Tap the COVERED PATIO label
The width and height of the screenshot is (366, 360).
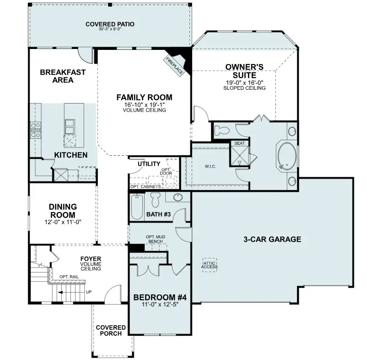click(110, 24)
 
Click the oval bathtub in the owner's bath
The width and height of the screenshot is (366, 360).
click(286, 157)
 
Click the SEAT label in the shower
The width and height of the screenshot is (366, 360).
click(239, 143)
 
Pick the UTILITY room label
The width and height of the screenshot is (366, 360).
click(149, 164)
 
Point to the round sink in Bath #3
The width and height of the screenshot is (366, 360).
click(178, 198)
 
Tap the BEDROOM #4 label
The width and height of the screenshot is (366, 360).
click(160, 297)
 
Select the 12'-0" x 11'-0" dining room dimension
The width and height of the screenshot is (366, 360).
click(63, 222)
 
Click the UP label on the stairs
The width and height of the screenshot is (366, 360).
click(88, 291)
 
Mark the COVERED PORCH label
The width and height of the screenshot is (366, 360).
click(111, 330)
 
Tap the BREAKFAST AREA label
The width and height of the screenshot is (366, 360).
click(63, 76)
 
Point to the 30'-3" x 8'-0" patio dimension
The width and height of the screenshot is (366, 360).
click(110, 29)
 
